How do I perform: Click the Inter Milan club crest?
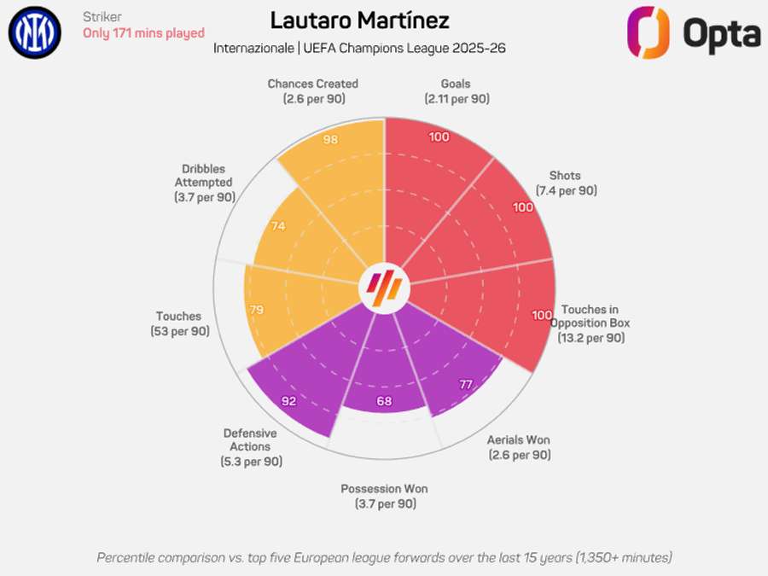click(35, 33)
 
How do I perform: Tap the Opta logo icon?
click(648, 32)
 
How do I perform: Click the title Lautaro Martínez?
click(359, 20)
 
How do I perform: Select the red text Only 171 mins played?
click(143, 33)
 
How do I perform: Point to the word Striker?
click(102, 17)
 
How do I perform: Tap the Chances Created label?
click(312, 91)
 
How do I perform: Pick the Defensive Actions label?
click(250, 447)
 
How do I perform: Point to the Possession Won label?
click(384, 496)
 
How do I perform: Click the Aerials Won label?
click(519, 447)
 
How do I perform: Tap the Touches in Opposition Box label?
click(591, 323)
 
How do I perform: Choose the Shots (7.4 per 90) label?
click(566, 183)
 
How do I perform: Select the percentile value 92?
click(290, 400)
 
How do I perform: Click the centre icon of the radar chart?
click(383, 288)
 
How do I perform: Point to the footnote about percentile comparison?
click(384, 557)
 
